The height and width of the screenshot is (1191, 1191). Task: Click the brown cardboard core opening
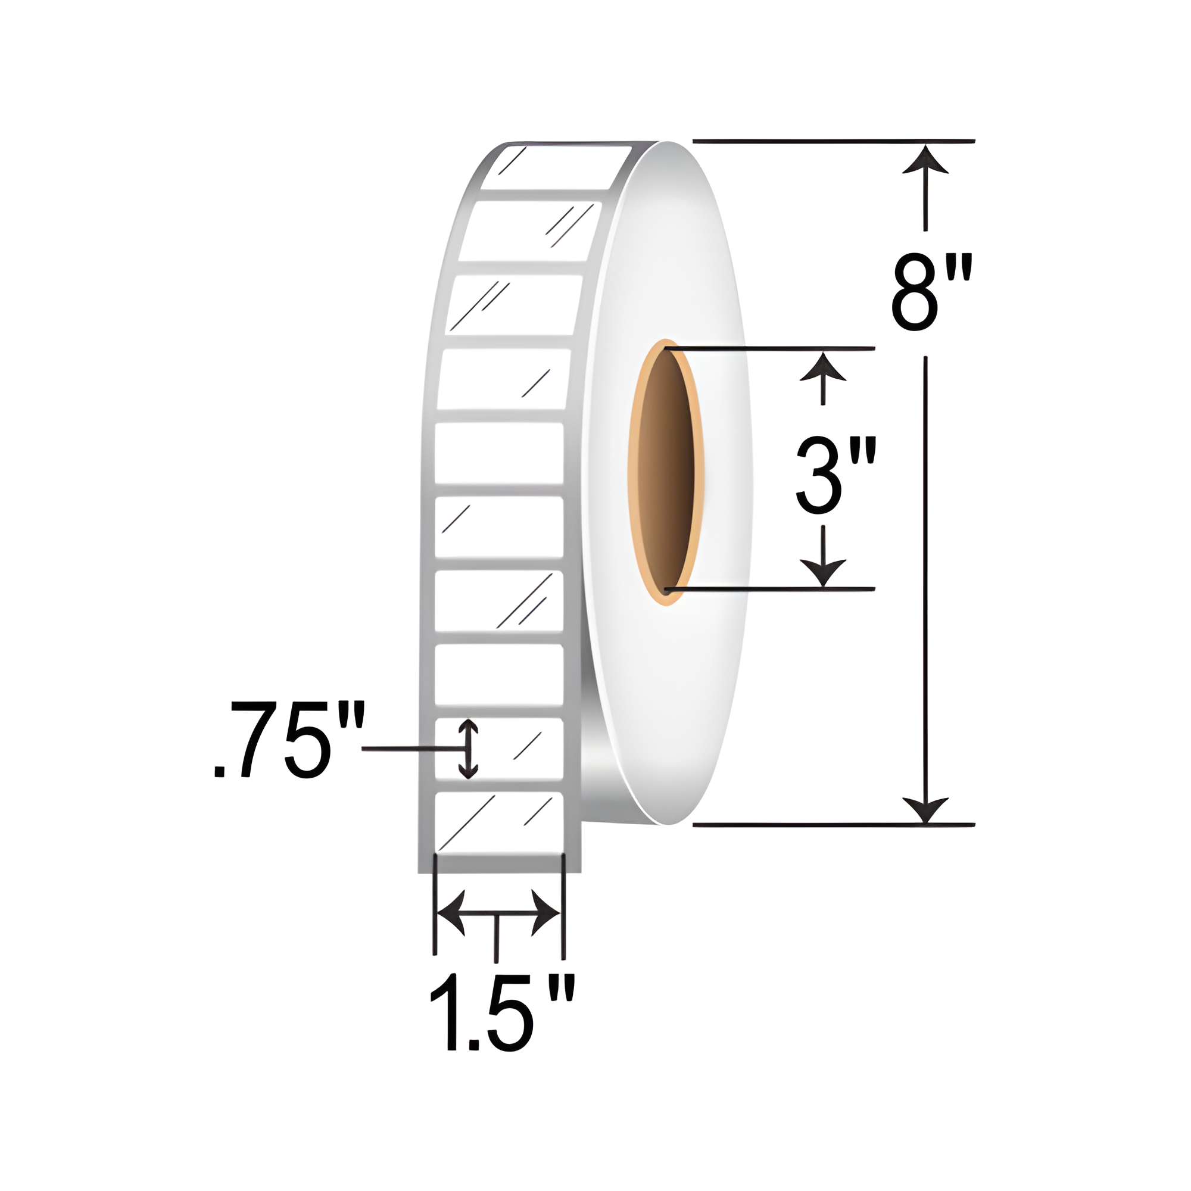(x=666, y=472)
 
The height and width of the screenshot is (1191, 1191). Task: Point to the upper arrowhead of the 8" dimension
(x=925, y=161)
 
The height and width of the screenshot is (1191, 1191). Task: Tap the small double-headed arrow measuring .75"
(x=469, y=749)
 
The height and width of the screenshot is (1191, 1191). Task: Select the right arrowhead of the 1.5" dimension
(x=545, y=913)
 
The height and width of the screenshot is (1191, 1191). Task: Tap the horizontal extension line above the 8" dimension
(x=833, y=141)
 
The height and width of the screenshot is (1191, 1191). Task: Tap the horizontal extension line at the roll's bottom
(x=833, y=824)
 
